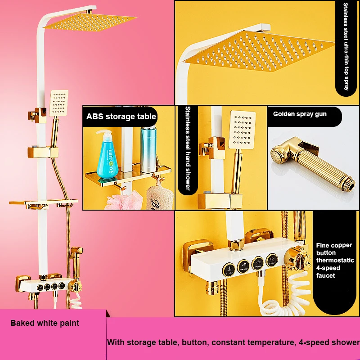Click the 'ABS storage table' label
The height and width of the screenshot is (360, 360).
point(121,117)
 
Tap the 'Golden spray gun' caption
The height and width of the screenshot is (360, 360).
point(300,114)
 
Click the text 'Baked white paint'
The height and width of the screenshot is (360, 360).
point(45,323)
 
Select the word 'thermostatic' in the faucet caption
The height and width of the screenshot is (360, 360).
point(335,260)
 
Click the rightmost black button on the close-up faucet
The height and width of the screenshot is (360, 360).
point(271,260)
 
